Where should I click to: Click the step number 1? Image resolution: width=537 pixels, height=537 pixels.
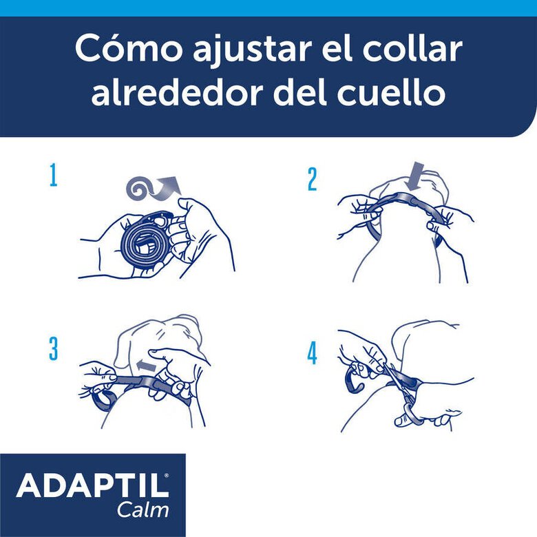(52, 176)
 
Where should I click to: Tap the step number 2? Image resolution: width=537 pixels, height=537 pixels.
(312, 179)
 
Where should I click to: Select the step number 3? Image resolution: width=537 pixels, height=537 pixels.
(53, 349)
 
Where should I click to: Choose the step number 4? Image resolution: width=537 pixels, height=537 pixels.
(312, 353)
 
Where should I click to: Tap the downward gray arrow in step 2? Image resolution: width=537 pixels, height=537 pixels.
(415, 176)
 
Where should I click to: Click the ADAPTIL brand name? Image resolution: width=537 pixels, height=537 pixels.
(92, 486)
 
